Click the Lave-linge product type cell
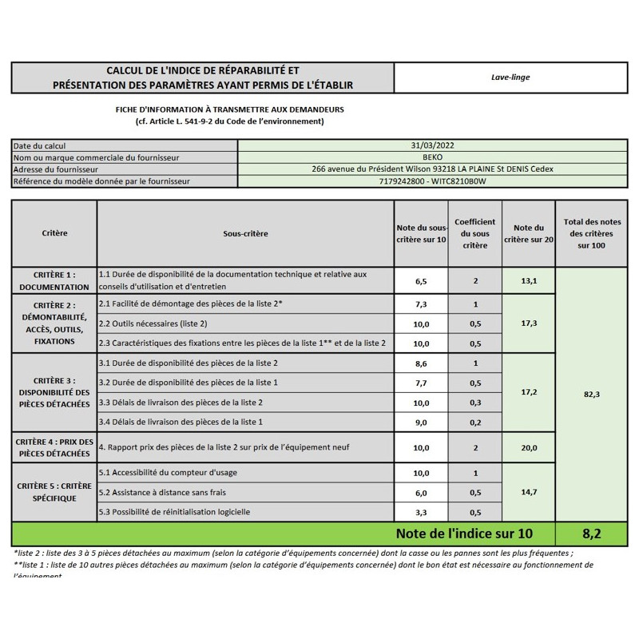(x=511, y=77)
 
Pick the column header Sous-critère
(x=245, y=233)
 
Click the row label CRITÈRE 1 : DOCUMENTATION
(x=54, y=280)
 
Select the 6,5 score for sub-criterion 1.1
(x=422, y=281)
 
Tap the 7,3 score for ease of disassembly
(x=422, y=304)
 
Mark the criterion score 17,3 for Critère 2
(x=528, y=323)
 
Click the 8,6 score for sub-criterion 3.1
(x=422, y=363)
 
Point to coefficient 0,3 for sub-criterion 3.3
(x=475, y=403)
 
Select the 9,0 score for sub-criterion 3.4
(x=422, y=422)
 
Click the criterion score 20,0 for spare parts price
(x=528, y=448)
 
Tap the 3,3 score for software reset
(x=422, y=512)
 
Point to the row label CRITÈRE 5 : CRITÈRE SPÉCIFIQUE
(x=54, y=492)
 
